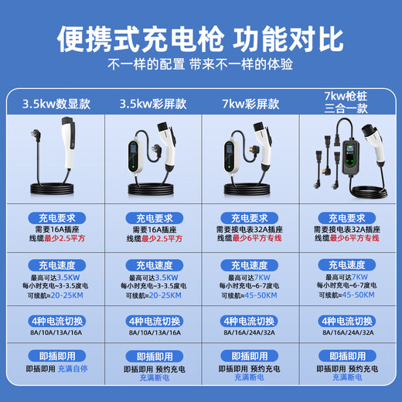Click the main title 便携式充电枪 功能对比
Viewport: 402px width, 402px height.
coord(201,36)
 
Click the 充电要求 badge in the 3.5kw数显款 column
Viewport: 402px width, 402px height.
coord(55,219)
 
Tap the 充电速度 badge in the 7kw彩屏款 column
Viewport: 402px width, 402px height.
coord(250,265)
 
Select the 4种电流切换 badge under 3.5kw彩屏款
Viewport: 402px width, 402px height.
coord(153,320)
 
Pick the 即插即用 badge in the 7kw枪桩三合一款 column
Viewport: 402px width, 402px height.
coord(347,357)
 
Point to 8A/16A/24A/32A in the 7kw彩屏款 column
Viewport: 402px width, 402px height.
coord(250,332)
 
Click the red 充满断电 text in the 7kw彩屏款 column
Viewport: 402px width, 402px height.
coord(250,379)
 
